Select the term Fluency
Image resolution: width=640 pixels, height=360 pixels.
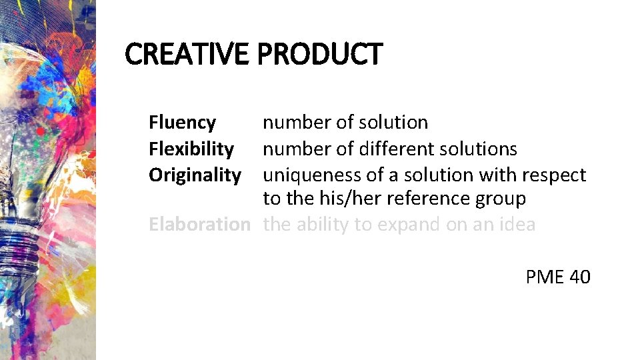coord(182,123)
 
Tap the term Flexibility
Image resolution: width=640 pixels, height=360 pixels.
coord(191,149)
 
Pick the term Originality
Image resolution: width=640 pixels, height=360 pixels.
coord(195,175)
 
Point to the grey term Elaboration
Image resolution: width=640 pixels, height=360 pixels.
coord(199,224)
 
